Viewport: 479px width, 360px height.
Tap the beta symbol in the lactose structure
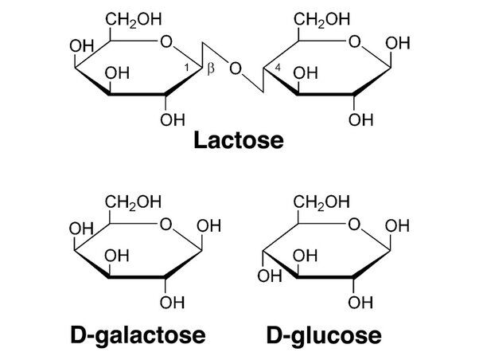[x=210, y=70]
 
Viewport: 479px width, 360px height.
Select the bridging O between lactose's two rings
[x=235, y=68]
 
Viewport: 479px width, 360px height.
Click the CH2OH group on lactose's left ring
[x=128, y=18]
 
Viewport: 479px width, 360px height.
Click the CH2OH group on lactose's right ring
[x=317, y=18]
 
